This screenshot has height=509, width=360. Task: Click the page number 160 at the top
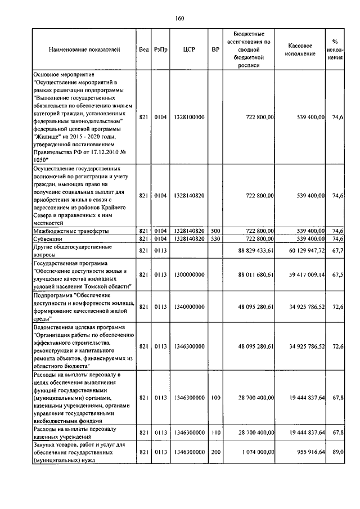[179, 18]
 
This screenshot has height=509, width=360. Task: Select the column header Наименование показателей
[84, 49]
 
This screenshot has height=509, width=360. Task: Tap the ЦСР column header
[188, 49]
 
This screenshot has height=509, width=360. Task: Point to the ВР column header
[215, 49]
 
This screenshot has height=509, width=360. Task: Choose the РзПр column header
[160, 49]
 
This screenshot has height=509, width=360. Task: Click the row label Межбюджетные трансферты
[71, 231]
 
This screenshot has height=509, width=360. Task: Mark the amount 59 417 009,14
[302, 274]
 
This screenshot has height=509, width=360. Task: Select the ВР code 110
[215, 432]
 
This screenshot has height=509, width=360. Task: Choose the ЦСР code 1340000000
[188, 307]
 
